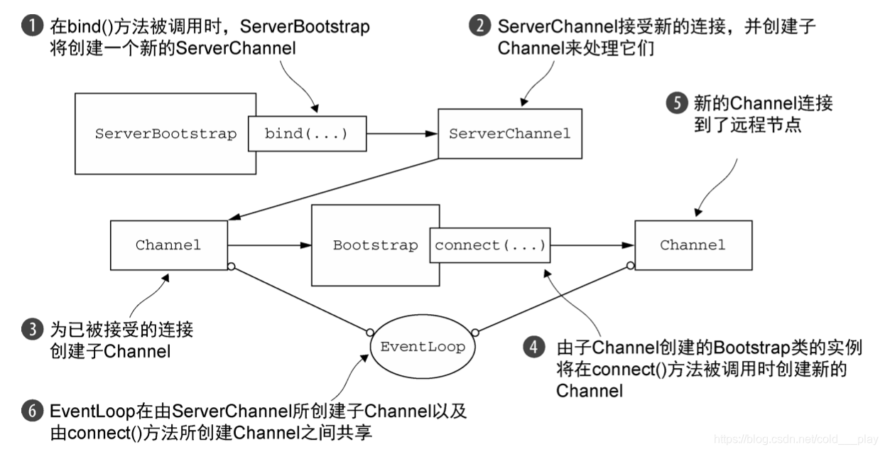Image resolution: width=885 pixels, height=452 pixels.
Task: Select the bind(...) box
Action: tap(307, 134)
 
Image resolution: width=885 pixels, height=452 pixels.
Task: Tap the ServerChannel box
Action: tap(509, 134)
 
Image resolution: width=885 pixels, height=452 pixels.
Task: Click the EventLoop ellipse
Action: tap(422, 348)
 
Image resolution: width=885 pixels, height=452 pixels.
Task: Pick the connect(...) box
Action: tap(489, 245)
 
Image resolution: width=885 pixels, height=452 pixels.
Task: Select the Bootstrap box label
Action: tap(375, 245)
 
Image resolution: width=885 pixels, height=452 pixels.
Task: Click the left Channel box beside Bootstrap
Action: tap(168, 245)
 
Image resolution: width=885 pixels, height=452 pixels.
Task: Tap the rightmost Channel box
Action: tap(693, 245)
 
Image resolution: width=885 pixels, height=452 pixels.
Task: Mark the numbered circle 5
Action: tap(675, 103)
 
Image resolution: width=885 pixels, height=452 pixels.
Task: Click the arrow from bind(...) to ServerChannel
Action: tap(401, 134)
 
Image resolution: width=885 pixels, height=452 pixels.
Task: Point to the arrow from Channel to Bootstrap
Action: tap(270, 245)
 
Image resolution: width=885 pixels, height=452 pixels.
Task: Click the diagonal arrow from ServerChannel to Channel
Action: tap(334, 189)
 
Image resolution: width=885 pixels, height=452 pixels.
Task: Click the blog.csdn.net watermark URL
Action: tap(796, 440)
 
